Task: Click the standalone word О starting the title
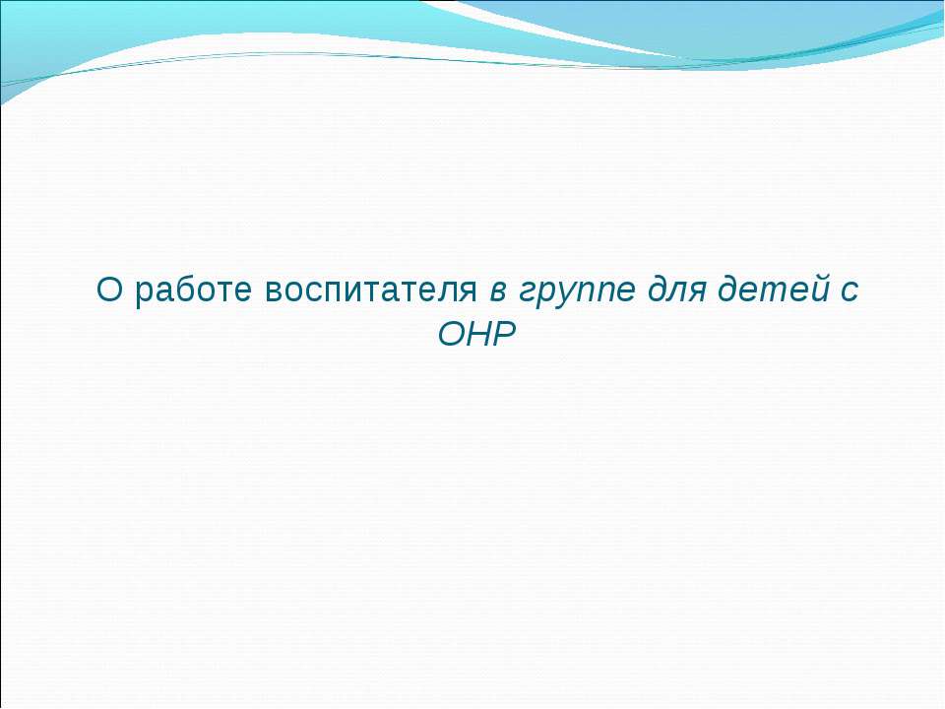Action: pos(108,290)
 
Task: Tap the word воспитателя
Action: pos(373,291)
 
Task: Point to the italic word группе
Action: pos(577,292)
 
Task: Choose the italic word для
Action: pos(679,292)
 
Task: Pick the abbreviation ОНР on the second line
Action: pos(476,335)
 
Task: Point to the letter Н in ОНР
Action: pos(477,335)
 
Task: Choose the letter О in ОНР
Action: pos(449,335)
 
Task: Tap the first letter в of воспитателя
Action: pos(275,292)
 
